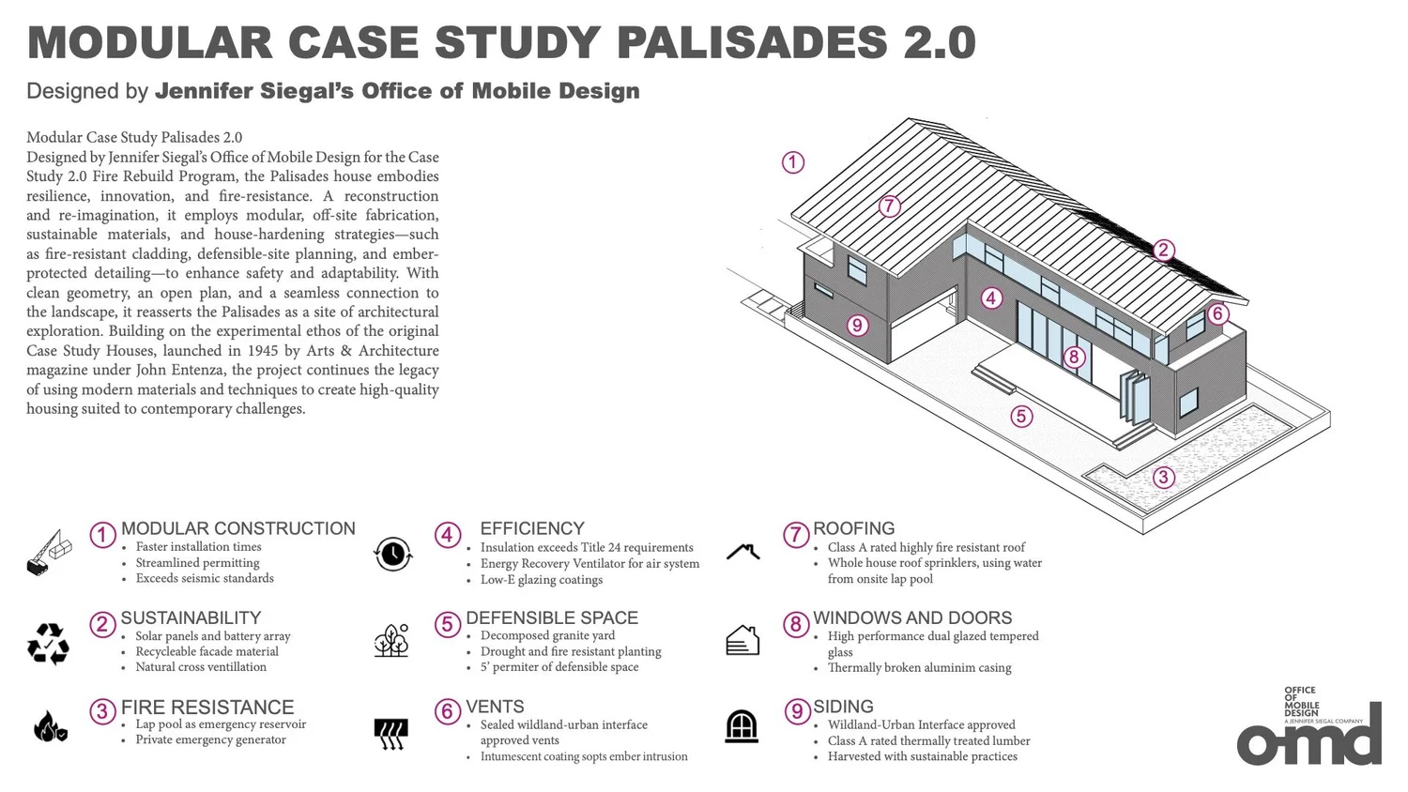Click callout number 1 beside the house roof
coord(793,162)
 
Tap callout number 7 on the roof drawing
coord(890,206)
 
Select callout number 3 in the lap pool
coord(1163,477)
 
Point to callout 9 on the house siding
coord(856,326)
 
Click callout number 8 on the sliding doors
coord(1074,357)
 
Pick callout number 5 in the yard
coord(1021,416)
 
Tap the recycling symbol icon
coord(48,644)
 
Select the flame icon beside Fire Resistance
coord(50,726)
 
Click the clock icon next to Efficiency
coord(393,554)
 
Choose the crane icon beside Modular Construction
coord(49,553)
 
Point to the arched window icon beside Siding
coord(742,726)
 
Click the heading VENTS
coord(495,707)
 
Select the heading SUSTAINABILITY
coord(191,617)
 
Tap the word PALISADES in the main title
coord(752,43)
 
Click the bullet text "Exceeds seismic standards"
coord(205,578)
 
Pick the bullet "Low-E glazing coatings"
coord(542,579)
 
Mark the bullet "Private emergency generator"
coord(210,739)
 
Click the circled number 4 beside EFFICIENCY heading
coord(447,535)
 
